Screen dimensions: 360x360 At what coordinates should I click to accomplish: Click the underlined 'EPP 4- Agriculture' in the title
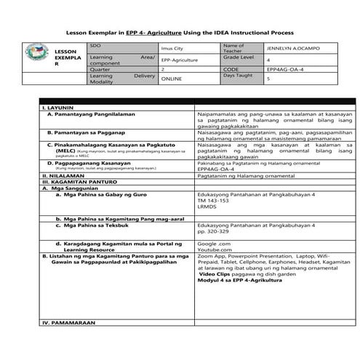click(x=153, y=32)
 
